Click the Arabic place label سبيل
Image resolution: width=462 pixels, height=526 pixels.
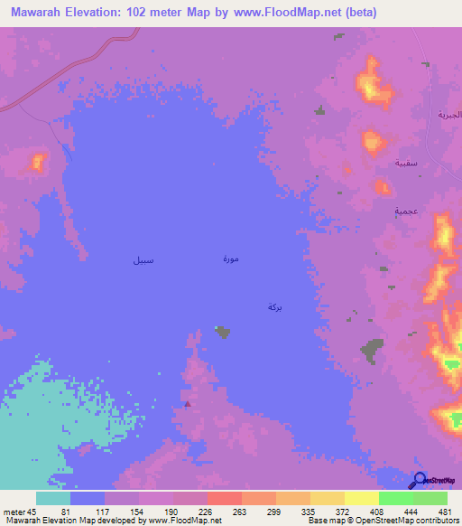coord(143,261)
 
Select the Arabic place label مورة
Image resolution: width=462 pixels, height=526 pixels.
coord(231,259)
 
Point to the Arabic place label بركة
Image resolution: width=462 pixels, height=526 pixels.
coord(275,307)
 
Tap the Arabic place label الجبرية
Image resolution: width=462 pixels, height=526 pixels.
coord(448,115)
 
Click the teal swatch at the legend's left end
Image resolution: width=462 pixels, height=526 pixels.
coord(52,498)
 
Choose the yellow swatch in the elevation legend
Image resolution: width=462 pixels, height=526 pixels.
coord(361,498)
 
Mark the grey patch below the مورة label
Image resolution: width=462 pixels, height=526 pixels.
coord(223,333)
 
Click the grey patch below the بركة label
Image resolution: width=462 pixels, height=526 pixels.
coord(371,350)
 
